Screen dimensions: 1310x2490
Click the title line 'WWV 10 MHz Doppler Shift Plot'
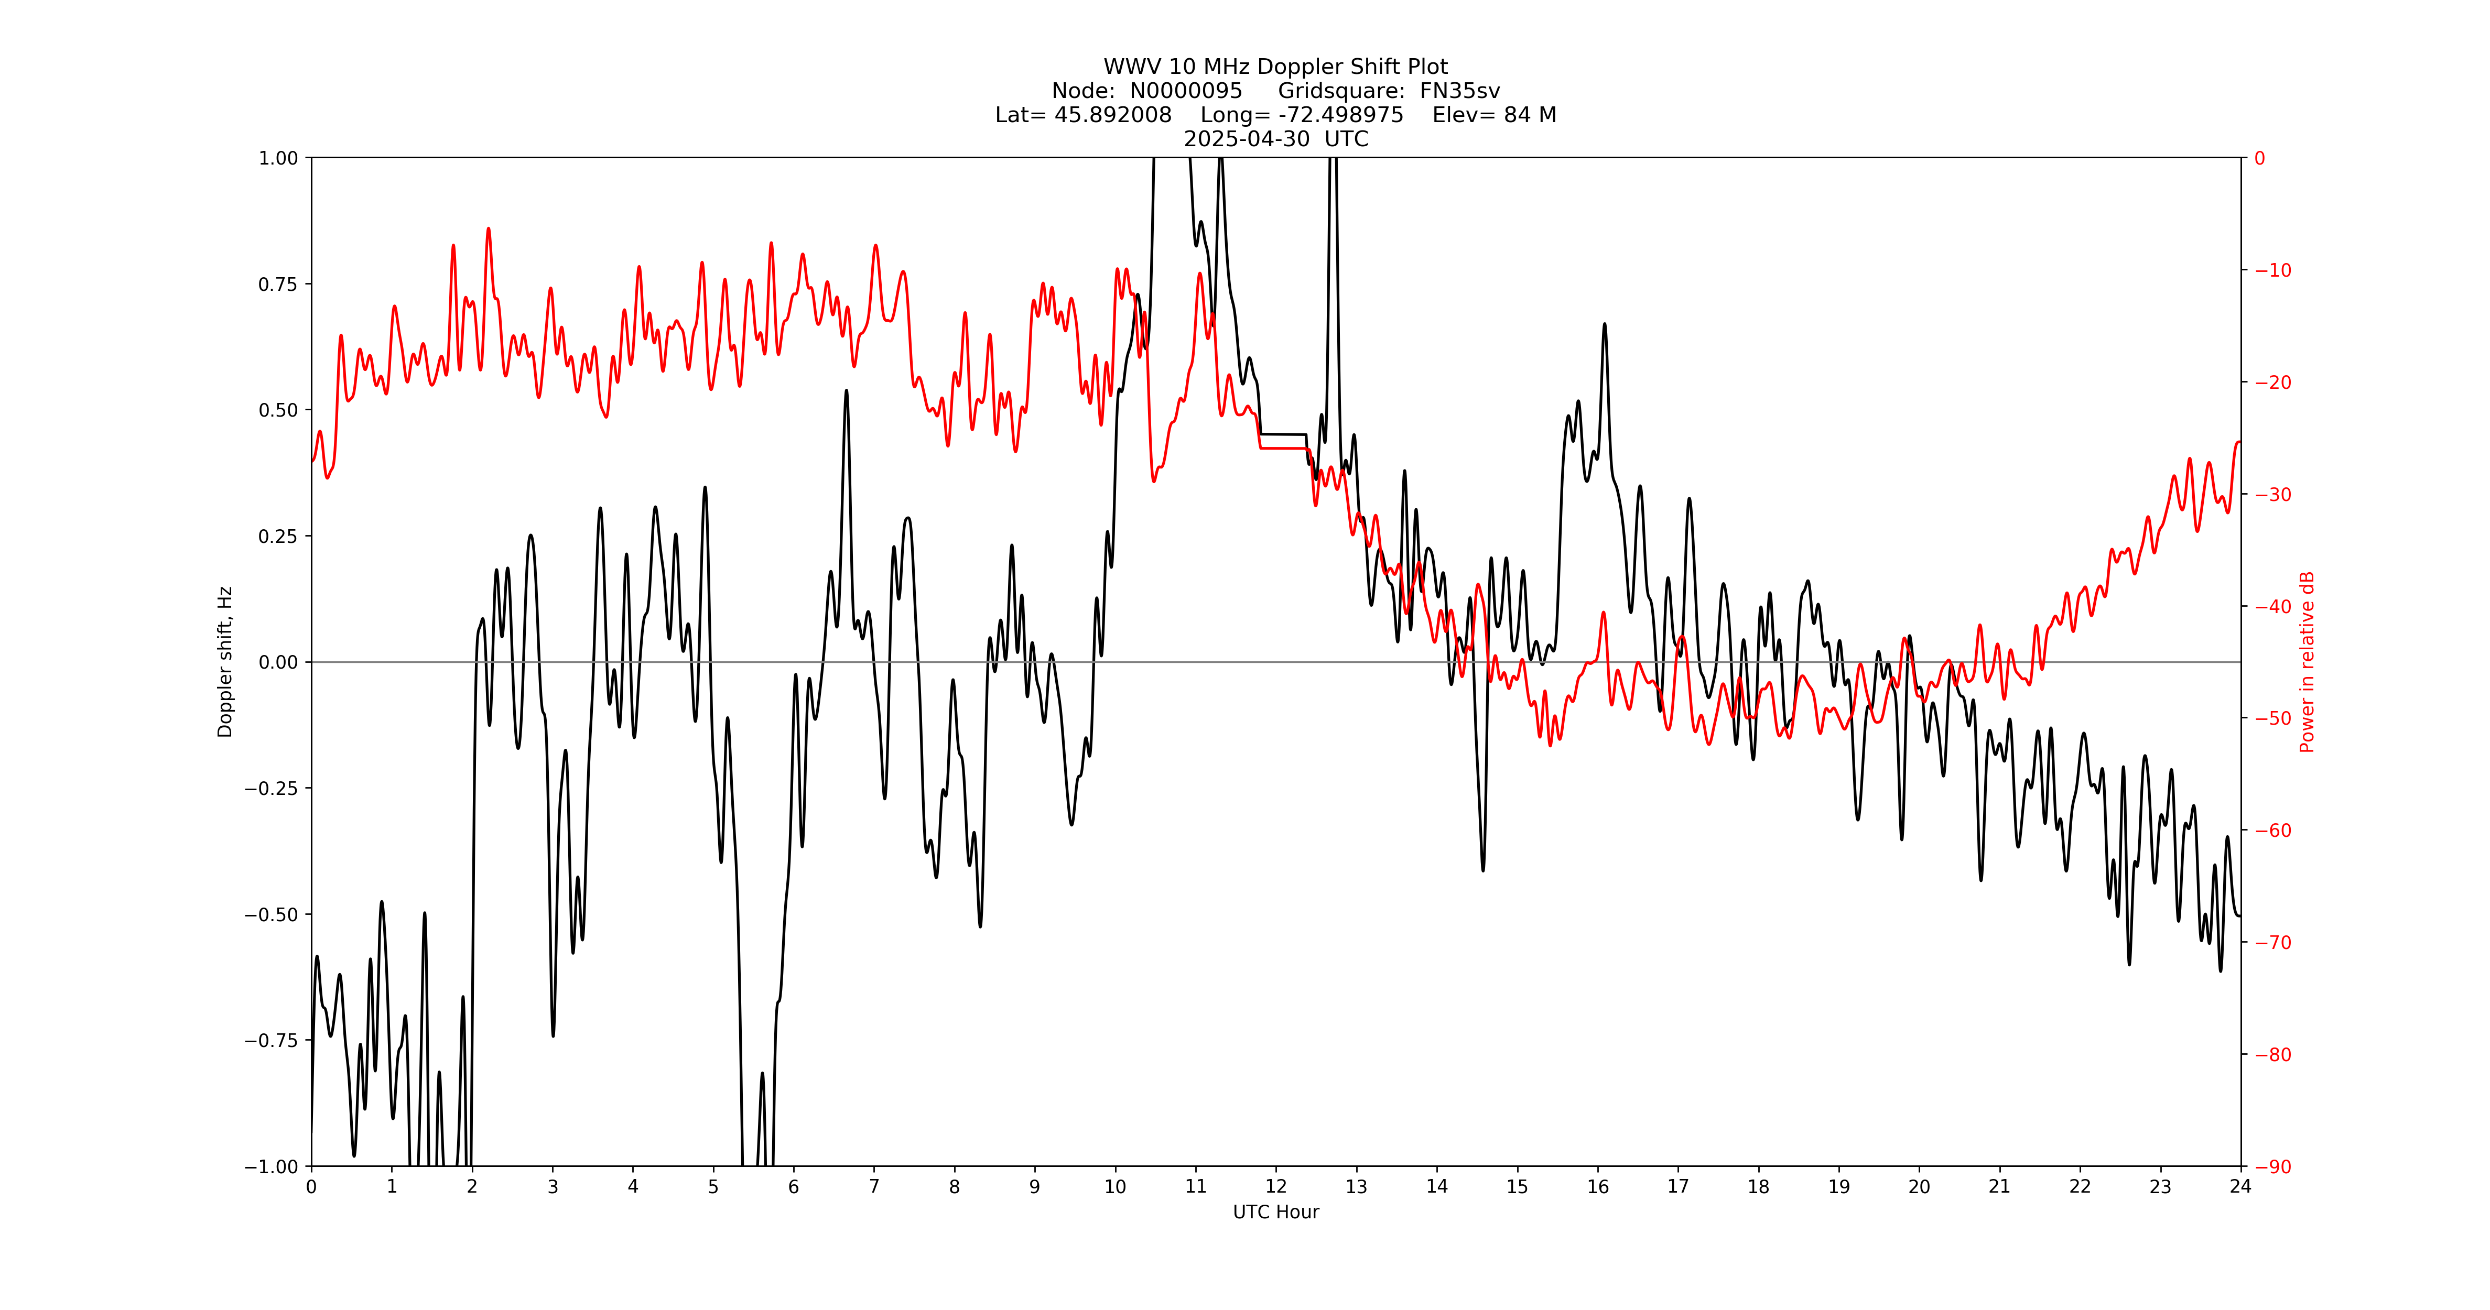click(1275, 67)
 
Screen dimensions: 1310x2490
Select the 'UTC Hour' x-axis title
click(1275, 1211)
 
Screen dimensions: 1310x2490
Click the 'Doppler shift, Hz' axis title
click(225, 662)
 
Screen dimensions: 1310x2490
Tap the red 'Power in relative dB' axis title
click(2307, 662)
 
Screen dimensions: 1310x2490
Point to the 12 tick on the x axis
click(1276, 1186)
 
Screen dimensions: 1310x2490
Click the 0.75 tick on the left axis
click(277, 284)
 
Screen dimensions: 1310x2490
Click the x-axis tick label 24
click(2240, 1186)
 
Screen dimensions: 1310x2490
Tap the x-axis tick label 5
click(713, 1186)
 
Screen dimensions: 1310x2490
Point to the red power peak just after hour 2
click(488, 230)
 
